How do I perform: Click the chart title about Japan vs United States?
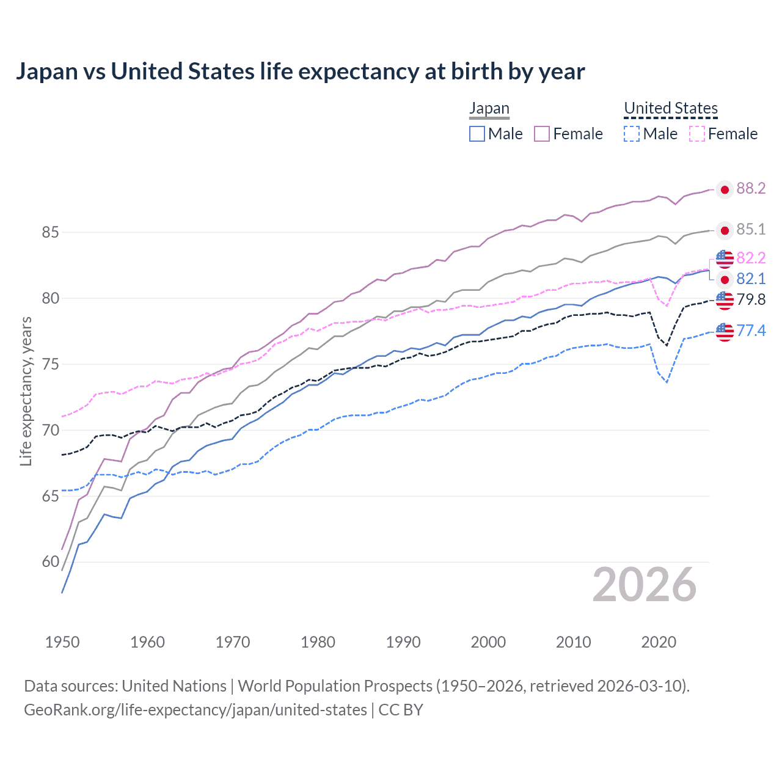300,71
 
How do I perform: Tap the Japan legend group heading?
489,109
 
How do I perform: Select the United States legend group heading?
670,109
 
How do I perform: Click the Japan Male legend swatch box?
477,134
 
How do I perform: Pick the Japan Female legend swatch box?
542,134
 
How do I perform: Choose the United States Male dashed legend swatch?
632,134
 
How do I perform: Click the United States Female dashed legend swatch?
697,134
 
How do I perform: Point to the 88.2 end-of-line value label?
751,189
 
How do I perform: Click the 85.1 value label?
751,230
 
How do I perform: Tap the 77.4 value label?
751,331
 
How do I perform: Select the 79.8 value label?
751,300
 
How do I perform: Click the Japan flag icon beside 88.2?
725,190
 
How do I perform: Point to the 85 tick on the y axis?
50,233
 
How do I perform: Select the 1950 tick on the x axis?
62,642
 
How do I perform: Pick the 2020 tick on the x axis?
659,642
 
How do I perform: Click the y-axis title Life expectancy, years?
26,391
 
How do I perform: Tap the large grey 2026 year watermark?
644,585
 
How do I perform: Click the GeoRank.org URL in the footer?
195,710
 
